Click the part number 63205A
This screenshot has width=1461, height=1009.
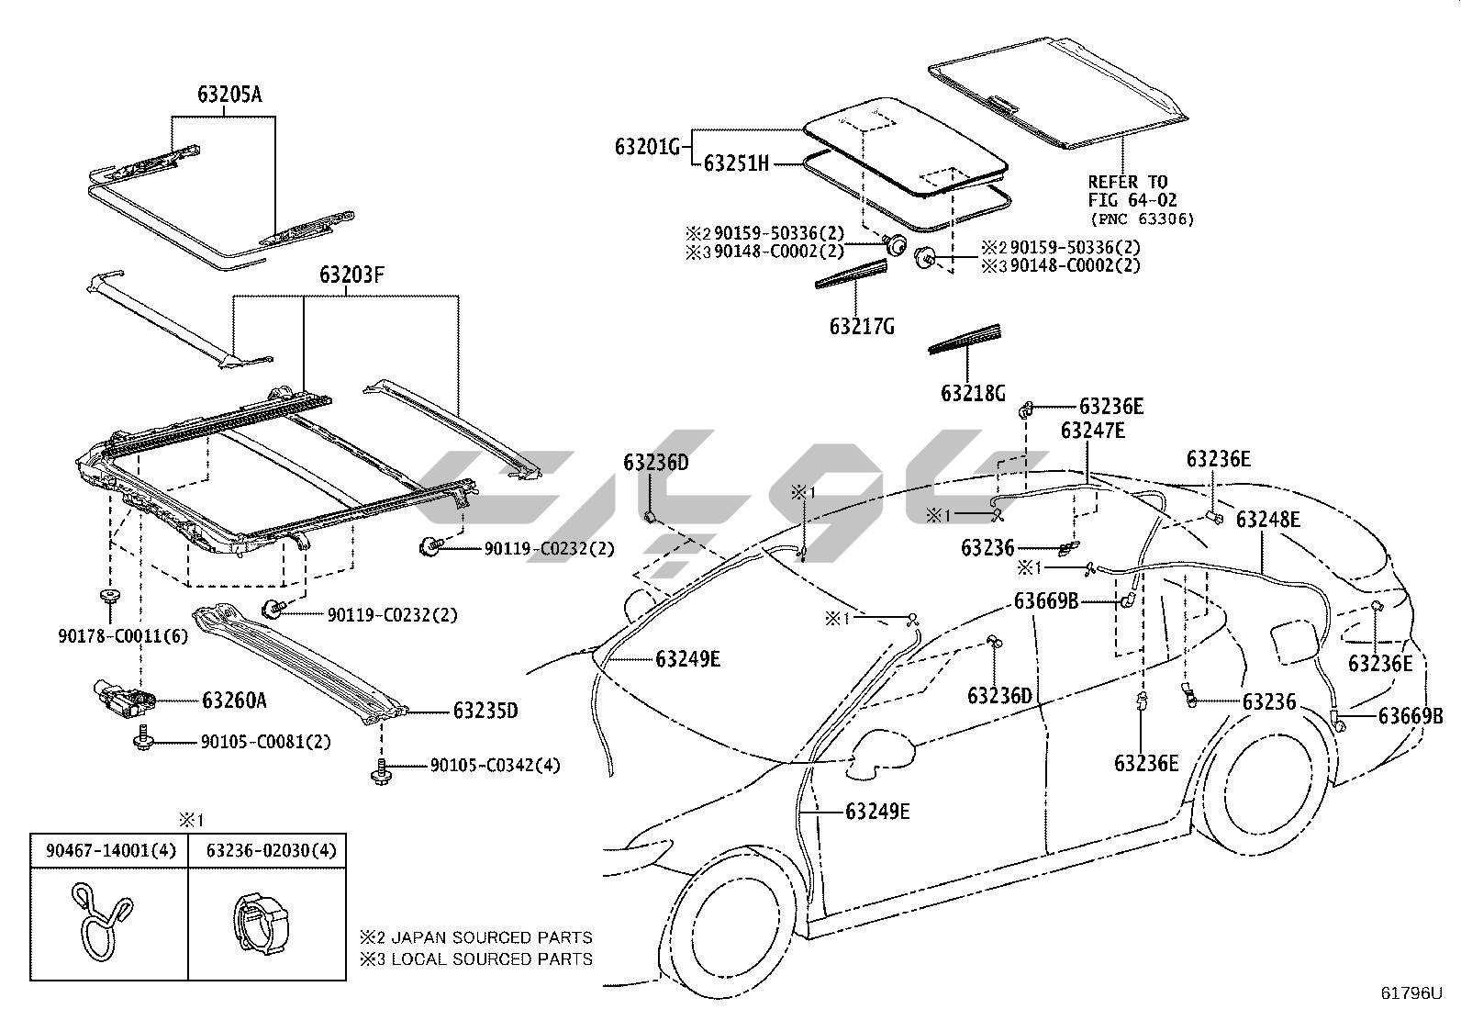[x=229, y=95]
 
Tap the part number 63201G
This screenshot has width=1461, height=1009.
[x=646, y=146]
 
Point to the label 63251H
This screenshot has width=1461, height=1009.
[x=735, y=163]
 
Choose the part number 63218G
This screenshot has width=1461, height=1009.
[x=973, y=393]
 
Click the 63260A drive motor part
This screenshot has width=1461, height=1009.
[x=122, y=701]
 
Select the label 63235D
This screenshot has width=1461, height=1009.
[x=485, y=711]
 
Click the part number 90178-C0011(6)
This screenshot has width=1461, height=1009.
[x=122, y=636]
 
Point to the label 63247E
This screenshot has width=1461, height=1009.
[x=1092, y=431]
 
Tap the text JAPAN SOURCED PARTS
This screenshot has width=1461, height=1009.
[x=491, y=937]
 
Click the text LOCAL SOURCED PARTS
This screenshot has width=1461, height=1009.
[x=491, y=959]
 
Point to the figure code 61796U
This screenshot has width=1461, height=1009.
[x=1412, y=992]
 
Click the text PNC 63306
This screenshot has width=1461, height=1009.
[x=1143, y=219]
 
